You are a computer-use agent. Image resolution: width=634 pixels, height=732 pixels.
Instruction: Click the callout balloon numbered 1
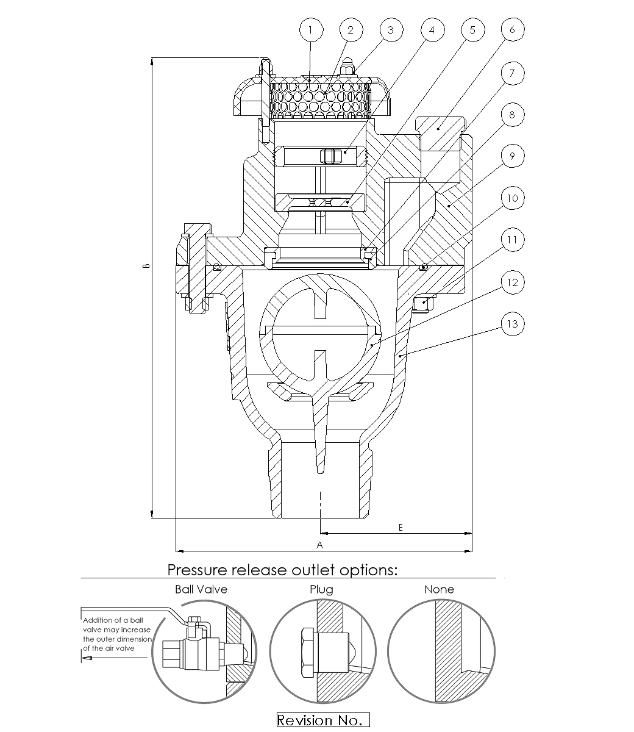point(311,30)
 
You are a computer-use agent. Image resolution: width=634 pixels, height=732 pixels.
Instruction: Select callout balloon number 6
point(513,30)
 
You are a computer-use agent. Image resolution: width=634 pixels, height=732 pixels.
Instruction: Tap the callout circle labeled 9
point(513,156)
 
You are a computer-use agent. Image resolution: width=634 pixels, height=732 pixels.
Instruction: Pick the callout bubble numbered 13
point(513,324)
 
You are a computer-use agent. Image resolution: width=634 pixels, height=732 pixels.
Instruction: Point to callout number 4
point(432,30)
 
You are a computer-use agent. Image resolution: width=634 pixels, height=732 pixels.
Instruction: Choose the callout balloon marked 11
point(513,240)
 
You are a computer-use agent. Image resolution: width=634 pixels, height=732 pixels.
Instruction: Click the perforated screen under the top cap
point(321,100)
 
